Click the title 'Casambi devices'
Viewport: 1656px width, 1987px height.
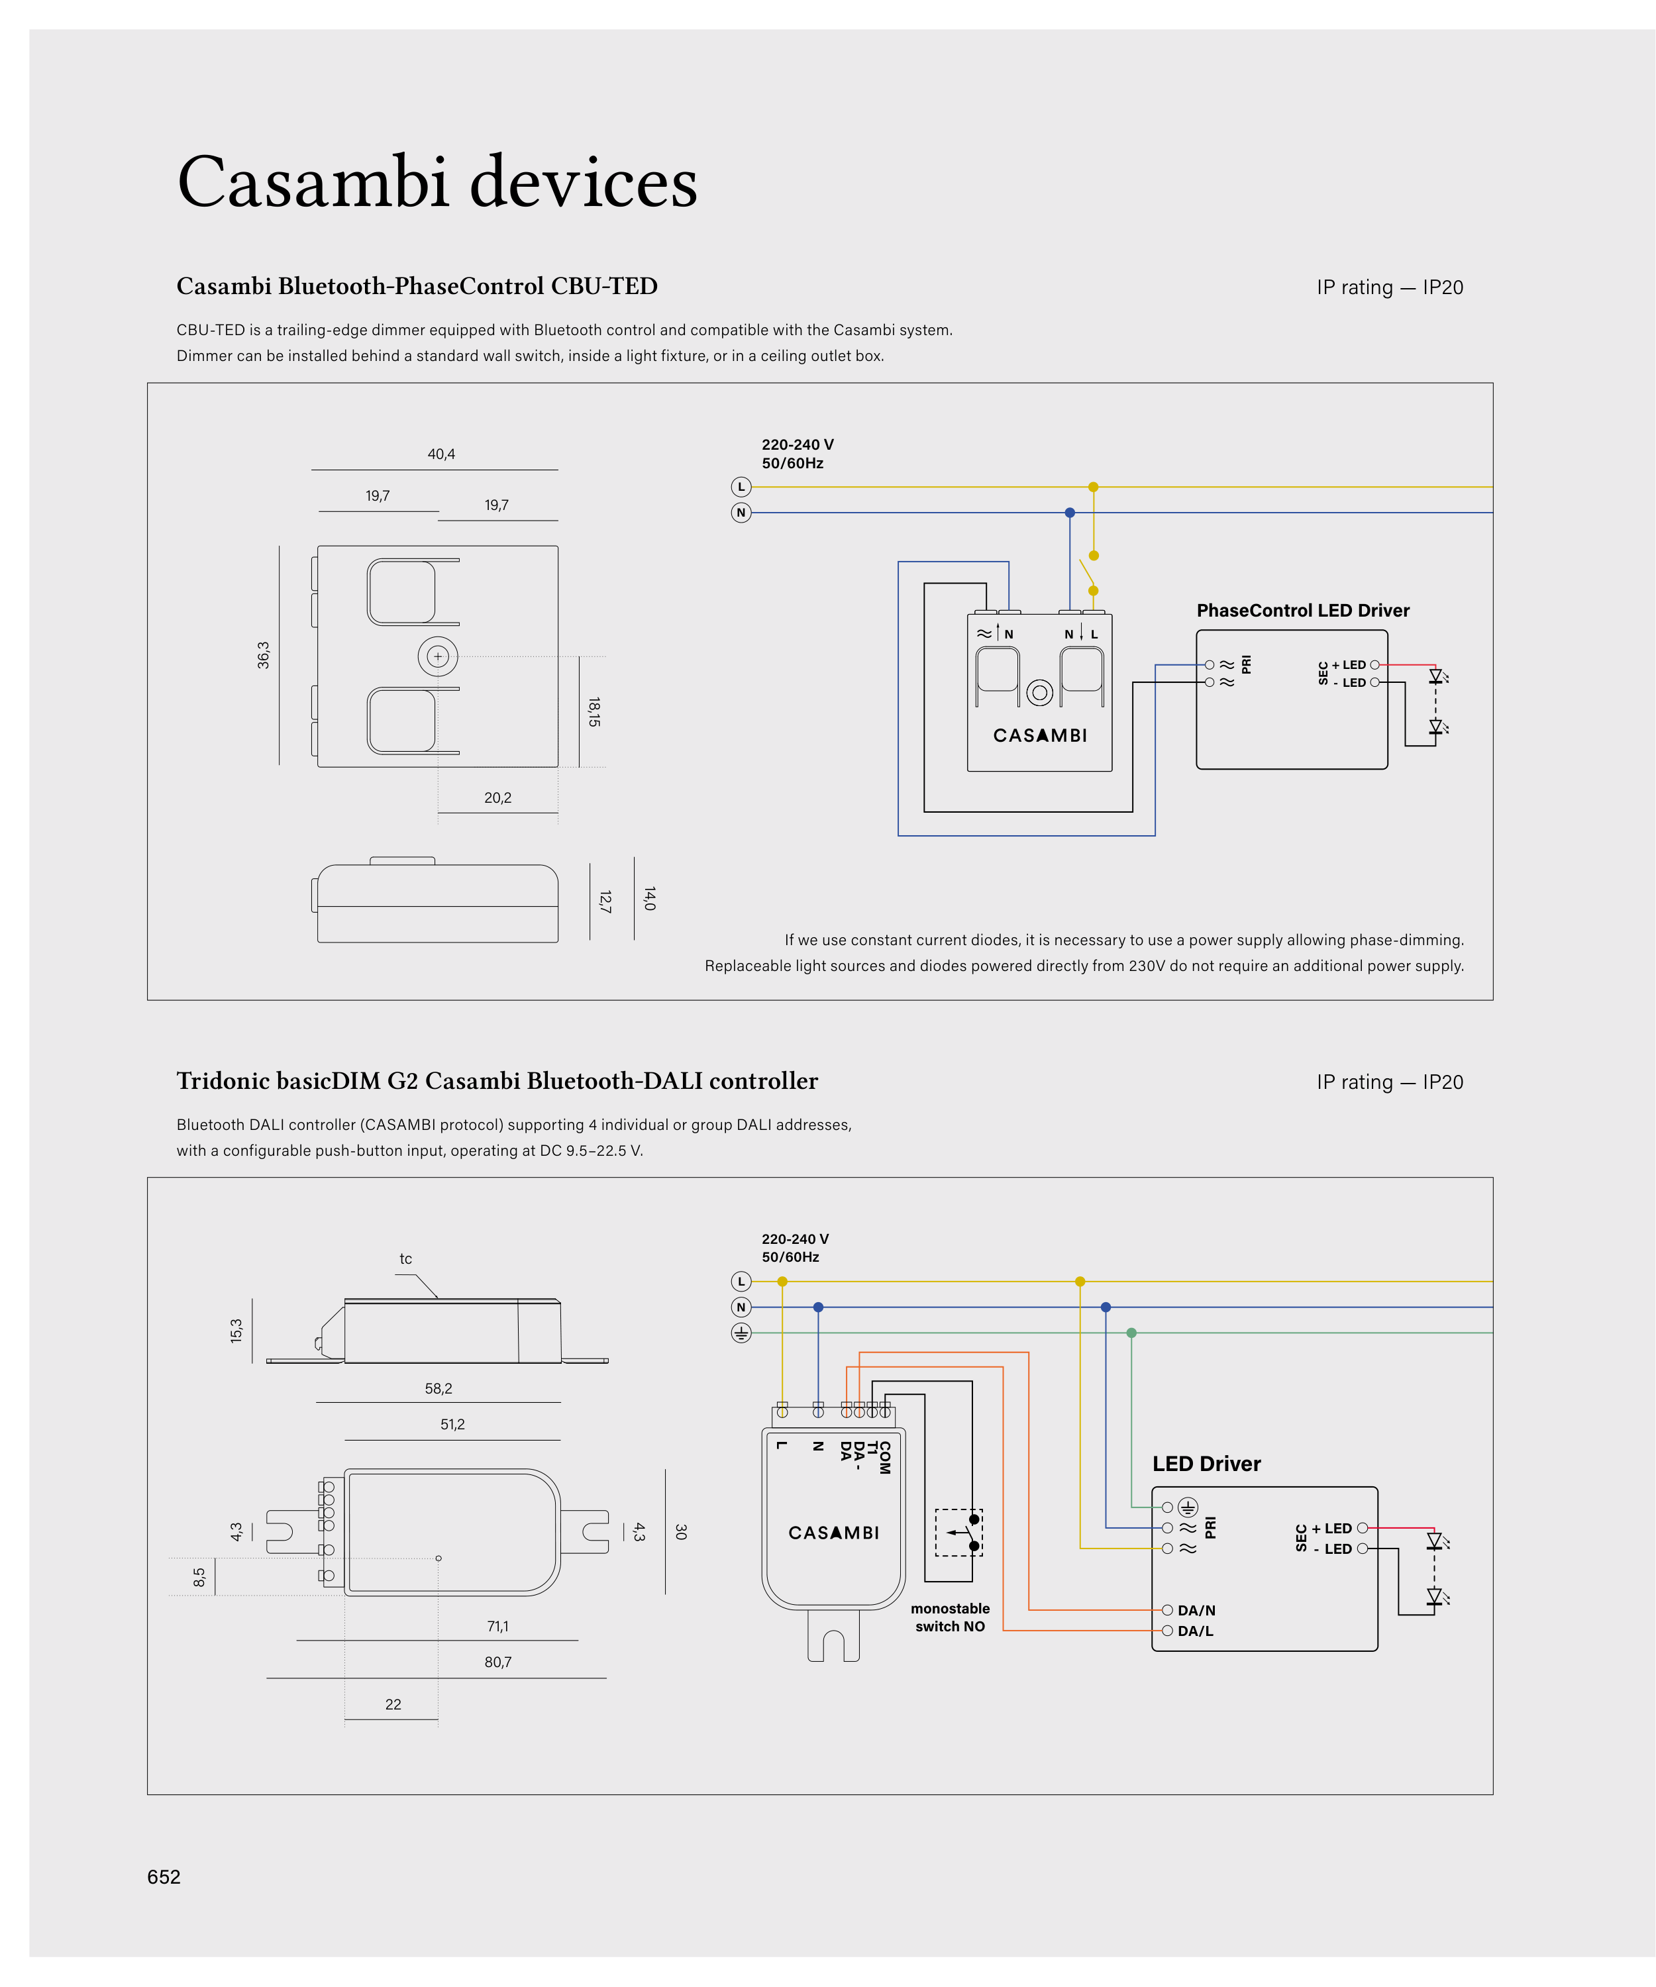[437, 181]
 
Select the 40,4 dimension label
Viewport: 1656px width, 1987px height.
[441, 454]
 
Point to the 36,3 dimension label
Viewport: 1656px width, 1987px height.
[263, 655]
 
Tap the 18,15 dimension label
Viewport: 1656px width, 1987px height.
[594, 711]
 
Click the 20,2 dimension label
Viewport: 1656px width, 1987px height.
[497, 797]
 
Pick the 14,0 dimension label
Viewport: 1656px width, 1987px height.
[649, 899]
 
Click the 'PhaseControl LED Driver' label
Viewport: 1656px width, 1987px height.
[1302, 610]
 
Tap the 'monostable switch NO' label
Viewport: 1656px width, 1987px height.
[949, 1617]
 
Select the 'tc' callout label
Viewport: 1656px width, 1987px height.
[405, 1258]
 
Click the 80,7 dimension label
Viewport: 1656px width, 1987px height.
[497, 1662]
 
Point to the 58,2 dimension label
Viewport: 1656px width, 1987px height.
[438, 1388]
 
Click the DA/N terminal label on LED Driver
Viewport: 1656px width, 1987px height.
[1196, 1610]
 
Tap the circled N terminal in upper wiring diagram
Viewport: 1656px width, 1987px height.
[741, 513]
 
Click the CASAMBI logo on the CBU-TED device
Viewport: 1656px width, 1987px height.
[1039, 735]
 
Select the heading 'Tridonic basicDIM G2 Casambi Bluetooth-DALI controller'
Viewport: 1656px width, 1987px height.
[497, 1080]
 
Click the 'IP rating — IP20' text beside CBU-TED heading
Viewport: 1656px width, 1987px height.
[1389, 287]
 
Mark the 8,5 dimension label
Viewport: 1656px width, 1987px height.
[199, 1577]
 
